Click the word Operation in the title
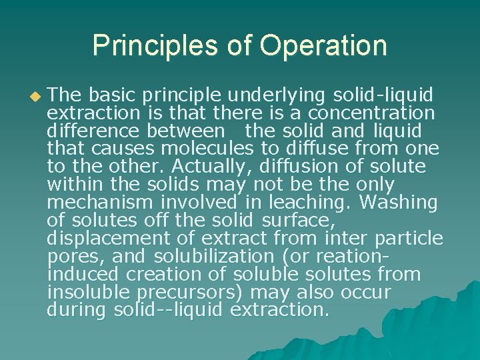tap(323, 46)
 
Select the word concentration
tap(373, 112)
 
